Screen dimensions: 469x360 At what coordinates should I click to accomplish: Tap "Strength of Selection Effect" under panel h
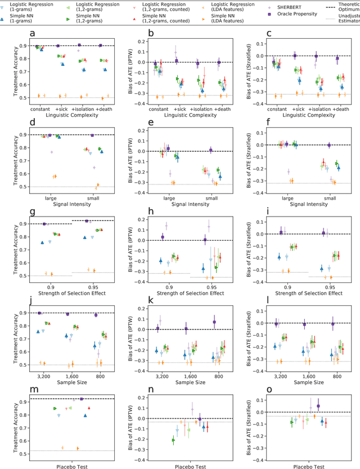(x=185, y=293)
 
